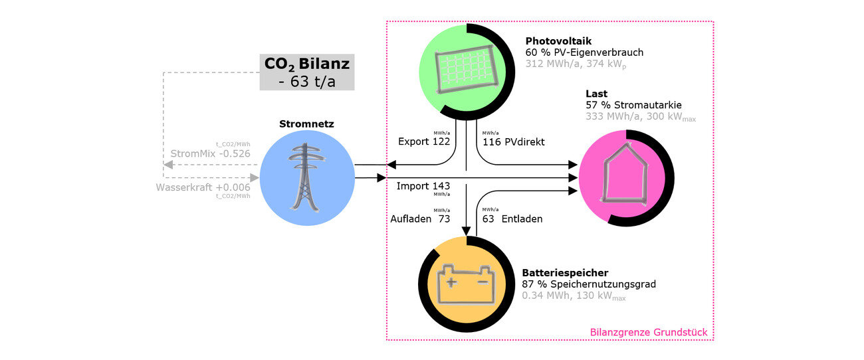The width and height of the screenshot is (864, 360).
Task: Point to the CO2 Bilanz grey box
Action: [x=306, y=72]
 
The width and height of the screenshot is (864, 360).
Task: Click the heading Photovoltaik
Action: [x=558, y=41]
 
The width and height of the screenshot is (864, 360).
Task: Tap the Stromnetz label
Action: [x=306, y=124]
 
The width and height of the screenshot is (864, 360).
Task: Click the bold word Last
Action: [x=596, y=94]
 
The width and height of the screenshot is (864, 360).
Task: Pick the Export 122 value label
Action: [x=424, y=141]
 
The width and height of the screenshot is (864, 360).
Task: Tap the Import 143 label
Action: [x=423, y=186]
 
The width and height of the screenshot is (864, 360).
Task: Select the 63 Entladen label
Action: [x=512, y=219]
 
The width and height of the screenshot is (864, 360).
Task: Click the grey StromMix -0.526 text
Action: [x=210, y=153]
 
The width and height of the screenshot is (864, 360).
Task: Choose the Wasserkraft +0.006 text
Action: [x=203, y=187]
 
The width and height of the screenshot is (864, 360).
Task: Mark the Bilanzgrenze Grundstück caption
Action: [x=648, y=332]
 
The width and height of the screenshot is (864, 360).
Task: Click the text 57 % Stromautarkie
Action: [x=633, y=105]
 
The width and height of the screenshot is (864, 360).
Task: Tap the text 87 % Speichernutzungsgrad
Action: [x=589, y=284]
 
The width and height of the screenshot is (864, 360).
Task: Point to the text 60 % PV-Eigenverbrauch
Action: [x=584, y=52]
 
